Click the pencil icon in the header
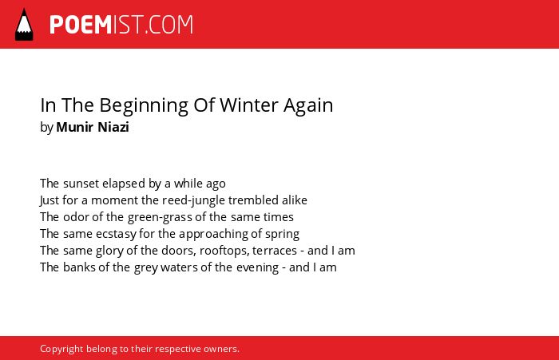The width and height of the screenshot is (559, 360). tap(24, 24)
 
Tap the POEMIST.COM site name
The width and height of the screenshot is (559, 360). tap(121, 25)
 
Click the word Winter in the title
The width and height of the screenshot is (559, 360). tap(249, 105)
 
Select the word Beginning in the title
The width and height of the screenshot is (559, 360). tap(144, 106)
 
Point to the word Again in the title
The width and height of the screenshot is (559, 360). tap(308, 106)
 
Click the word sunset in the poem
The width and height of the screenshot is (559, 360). tap(81, 184)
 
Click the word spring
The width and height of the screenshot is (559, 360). tap(283, 234)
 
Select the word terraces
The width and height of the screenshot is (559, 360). tap(275, 251)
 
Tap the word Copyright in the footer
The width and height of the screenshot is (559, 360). tap(61, 349)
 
